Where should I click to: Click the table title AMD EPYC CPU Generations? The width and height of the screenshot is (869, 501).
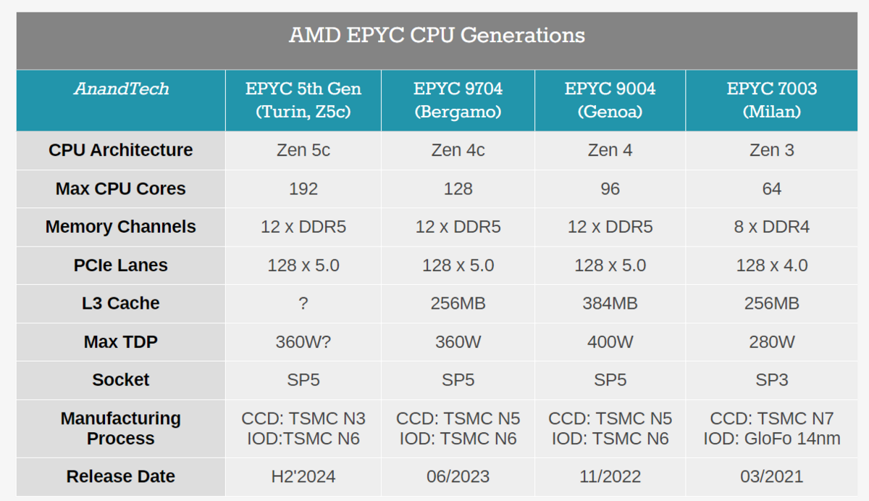click(437, 36)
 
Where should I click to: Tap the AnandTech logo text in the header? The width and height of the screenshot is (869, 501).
click(121, 89)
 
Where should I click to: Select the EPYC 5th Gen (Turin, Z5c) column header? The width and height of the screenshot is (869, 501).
click(303, 100)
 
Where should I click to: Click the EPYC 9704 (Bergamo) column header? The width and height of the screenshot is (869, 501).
click(458, 100)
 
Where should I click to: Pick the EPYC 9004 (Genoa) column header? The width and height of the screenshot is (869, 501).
click(610, 100)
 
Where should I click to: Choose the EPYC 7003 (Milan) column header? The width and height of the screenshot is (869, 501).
click(771, 100)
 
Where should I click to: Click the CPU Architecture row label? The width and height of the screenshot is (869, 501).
click(121, 150)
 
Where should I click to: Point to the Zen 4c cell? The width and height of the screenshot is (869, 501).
click(458, 150)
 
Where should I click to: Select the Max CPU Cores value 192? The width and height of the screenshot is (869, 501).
click(303, 189)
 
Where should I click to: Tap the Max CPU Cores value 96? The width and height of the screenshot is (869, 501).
click(610, 189)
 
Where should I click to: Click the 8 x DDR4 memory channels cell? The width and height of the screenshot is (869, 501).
click(771, 227)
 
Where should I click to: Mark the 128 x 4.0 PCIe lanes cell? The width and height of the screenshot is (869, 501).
click(771, 265)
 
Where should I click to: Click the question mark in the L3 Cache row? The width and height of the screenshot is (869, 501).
click(303, 303)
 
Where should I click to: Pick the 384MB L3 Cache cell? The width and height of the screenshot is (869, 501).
click(610, 303)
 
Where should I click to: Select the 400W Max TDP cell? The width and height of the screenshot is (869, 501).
click(610, 341)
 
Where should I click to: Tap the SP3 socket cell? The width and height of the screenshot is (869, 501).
click(771, 380)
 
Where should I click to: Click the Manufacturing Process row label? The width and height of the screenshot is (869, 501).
click(121, 428)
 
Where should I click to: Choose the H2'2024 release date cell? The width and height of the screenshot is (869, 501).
click(303, 476)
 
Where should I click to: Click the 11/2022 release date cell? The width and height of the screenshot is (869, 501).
click(610, 476)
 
